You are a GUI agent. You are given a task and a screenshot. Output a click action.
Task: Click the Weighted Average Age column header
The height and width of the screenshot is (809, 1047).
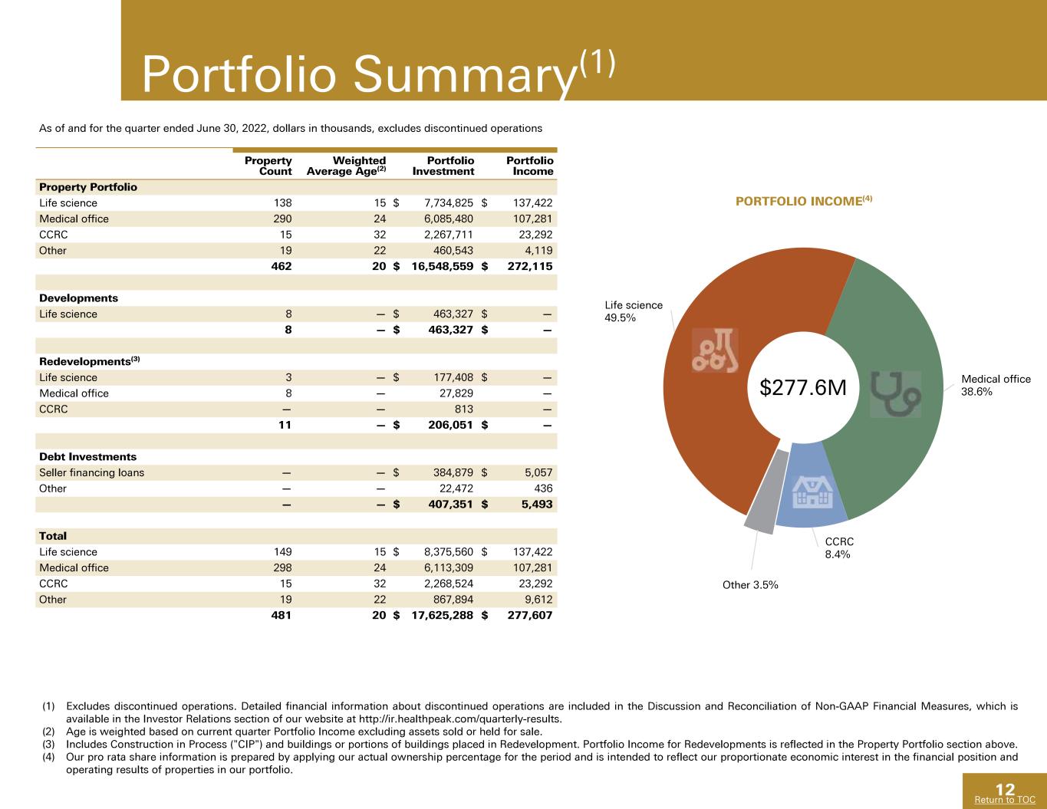point(346,166)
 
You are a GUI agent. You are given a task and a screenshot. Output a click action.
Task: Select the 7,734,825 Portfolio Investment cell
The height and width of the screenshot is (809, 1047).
point(449,202)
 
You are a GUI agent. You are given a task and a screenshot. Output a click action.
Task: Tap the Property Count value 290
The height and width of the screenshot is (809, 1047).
point(282,219)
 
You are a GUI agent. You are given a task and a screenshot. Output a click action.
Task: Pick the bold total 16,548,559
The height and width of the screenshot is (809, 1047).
point(443,266)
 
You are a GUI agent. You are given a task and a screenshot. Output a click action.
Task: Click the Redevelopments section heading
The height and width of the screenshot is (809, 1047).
point(90,361)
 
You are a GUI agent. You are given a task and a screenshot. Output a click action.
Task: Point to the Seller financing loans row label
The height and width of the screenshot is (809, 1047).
point(91,472)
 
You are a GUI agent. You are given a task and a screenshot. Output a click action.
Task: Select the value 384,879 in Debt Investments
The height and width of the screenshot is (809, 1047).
point(453,472)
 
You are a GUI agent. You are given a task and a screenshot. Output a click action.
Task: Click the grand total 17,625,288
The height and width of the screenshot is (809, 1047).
point(443,615)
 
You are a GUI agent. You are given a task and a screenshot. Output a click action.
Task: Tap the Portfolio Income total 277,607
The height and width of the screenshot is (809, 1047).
point(530,615)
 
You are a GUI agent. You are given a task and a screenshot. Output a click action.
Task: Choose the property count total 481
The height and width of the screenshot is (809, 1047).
point(282,615)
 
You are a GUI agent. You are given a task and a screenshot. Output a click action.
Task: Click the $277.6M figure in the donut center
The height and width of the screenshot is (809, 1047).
point(803,388)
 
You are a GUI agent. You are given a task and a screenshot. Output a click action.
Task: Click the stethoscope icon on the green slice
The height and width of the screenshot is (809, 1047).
point(896,394)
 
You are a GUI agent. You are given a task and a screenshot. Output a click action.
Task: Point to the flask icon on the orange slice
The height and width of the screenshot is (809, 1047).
point(715,350)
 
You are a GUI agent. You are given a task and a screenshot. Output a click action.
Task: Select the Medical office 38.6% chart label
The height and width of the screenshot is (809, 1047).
point(996,385)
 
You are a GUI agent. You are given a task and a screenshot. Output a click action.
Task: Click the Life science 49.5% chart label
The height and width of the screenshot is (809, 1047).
point(634,311)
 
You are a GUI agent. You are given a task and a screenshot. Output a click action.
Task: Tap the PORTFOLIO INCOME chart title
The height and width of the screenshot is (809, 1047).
point(804,201)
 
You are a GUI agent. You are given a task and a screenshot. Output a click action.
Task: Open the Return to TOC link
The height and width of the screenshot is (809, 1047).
point(1005,800)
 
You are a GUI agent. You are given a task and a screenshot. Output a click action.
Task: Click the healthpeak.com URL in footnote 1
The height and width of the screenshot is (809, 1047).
point(461,719)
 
